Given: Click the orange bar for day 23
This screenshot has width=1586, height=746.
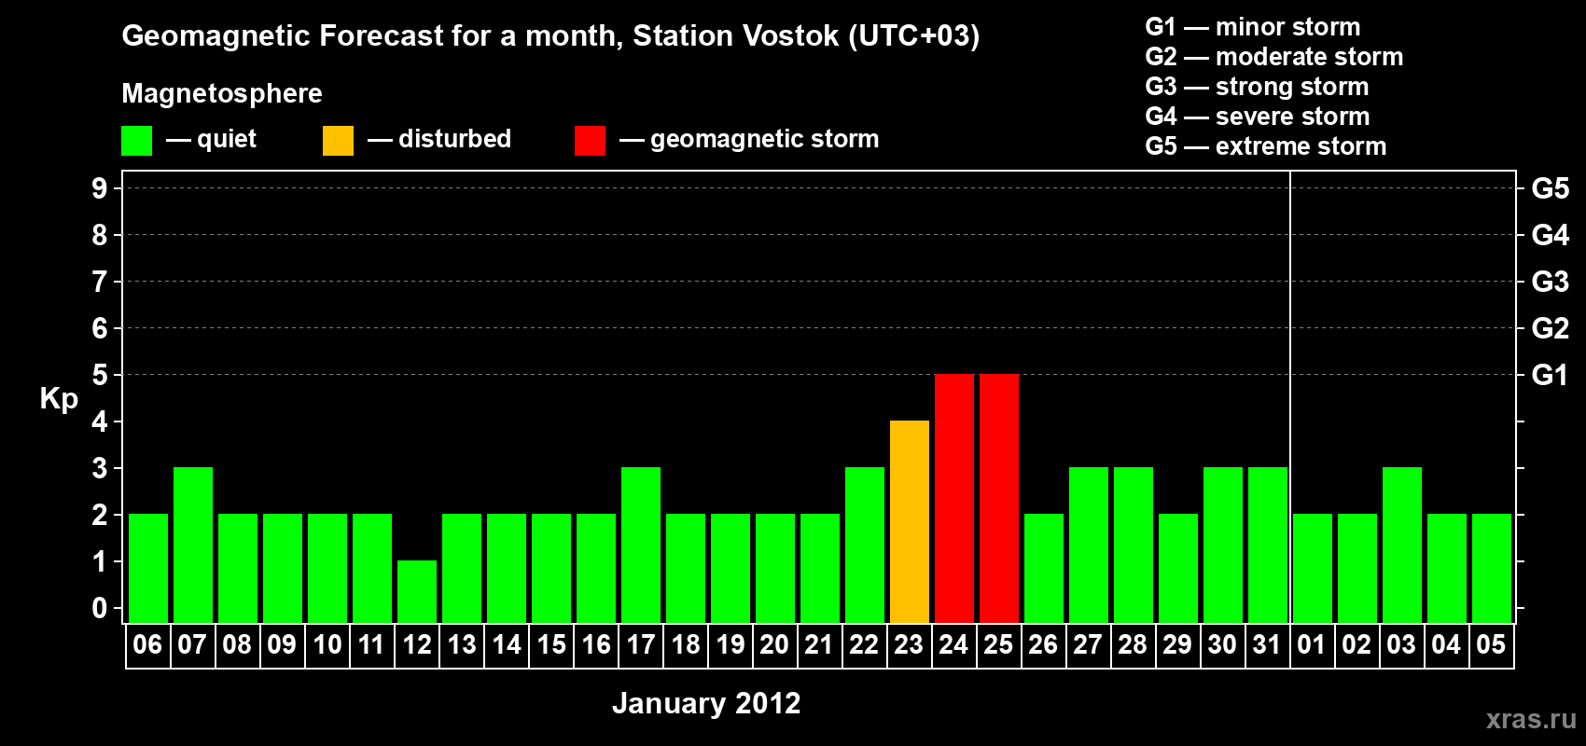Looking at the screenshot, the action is [909, 521].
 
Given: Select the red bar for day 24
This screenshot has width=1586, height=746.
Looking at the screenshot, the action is [954, 498].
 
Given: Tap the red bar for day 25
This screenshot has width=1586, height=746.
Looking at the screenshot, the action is [999, 498].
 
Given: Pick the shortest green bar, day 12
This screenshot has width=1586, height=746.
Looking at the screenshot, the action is [417, 592].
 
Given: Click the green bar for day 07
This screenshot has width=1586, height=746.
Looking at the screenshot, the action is [193, 545].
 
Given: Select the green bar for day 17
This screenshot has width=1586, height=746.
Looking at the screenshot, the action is [641, 545].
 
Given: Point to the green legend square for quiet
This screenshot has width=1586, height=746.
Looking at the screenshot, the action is [136, 140].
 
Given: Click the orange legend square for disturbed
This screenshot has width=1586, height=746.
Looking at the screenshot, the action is [338, 140].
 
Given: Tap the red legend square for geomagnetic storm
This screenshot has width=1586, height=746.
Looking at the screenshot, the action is [591, 140].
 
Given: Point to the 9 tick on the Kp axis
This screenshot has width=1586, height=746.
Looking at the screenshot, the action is [99, 188].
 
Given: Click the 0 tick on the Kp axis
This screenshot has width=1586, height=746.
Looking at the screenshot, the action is [99, 608].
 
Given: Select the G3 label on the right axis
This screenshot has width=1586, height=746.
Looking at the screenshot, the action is [1551, 282].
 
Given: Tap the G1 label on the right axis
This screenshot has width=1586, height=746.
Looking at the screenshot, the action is [1551, 375].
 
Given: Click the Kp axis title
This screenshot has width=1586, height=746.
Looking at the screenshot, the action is [59, 399].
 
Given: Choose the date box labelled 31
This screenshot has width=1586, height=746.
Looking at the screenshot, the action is [1267, 645].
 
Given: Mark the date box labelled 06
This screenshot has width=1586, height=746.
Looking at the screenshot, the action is [148, 645].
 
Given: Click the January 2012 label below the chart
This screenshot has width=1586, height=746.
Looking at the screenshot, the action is [706, 703].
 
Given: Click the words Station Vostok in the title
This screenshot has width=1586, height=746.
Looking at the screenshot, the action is [735, 35].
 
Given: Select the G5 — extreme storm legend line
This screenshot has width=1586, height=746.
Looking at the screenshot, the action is [1265, 146].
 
